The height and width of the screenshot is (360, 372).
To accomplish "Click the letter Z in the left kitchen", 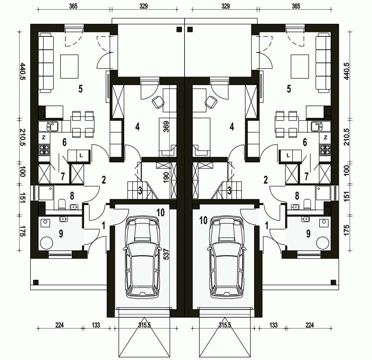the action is pyautogui.click(x=44, y=137).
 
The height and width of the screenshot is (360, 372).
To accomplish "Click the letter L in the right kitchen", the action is pyautogui.click(x=288, y=156).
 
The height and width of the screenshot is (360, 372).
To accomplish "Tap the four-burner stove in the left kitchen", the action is pyautogui.click(x=44, y=150).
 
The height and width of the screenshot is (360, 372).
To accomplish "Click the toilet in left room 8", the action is pyautogui.click(x=62, y=204).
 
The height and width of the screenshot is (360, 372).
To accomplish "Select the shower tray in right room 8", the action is pyautogui.click(x=323, y=193).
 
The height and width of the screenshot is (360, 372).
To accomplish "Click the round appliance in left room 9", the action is pyautogui.click(x=46, y=243).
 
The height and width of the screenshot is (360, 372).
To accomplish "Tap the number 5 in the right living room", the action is pyautogui.click(x=289, y=89).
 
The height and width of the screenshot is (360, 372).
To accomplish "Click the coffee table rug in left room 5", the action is pyautogui.click(x=69, y=67).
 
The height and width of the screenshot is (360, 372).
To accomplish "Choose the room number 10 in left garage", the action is pyautogui.click(x=161, y=213).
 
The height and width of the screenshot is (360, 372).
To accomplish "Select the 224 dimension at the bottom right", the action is pyautogui.click(x=310, y=325).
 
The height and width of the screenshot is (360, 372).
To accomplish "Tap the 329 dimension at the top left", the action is pyautogui.click(x=144, y=6).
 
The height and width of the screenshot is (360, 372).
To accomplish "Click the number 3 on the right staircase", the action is pyautogui.click(x=229, y=191).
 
